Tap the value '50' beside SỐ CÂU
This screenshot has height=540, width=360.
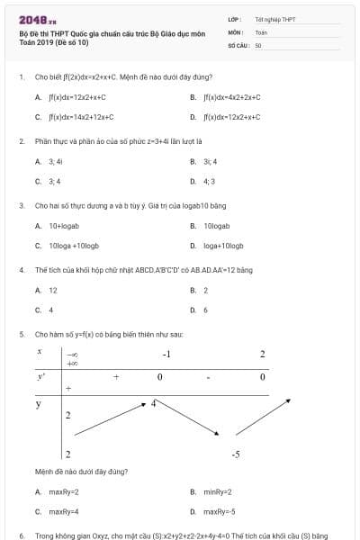(258, 44)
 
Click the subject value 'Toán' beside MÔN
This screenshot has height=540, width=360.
(261, 31)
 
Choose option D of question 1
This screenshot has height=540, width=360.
(231, 116)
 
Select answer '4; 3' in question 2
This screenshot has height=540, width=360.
(209, 181)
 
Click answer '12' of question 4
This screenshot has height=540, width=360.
(53, 290)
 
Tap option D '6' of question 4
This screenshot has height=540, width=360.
(205, 310)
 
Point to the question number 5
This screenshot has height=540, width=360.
(21, 333)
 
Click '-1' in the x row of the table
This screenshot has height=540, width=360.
(166, 354)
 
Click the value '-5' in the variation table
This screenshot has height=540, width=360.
(235, 454)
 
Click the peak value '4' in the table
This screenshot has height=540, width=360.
(154, 403)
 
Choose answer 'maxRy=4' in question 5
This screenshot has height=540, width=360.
(64, 511)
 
